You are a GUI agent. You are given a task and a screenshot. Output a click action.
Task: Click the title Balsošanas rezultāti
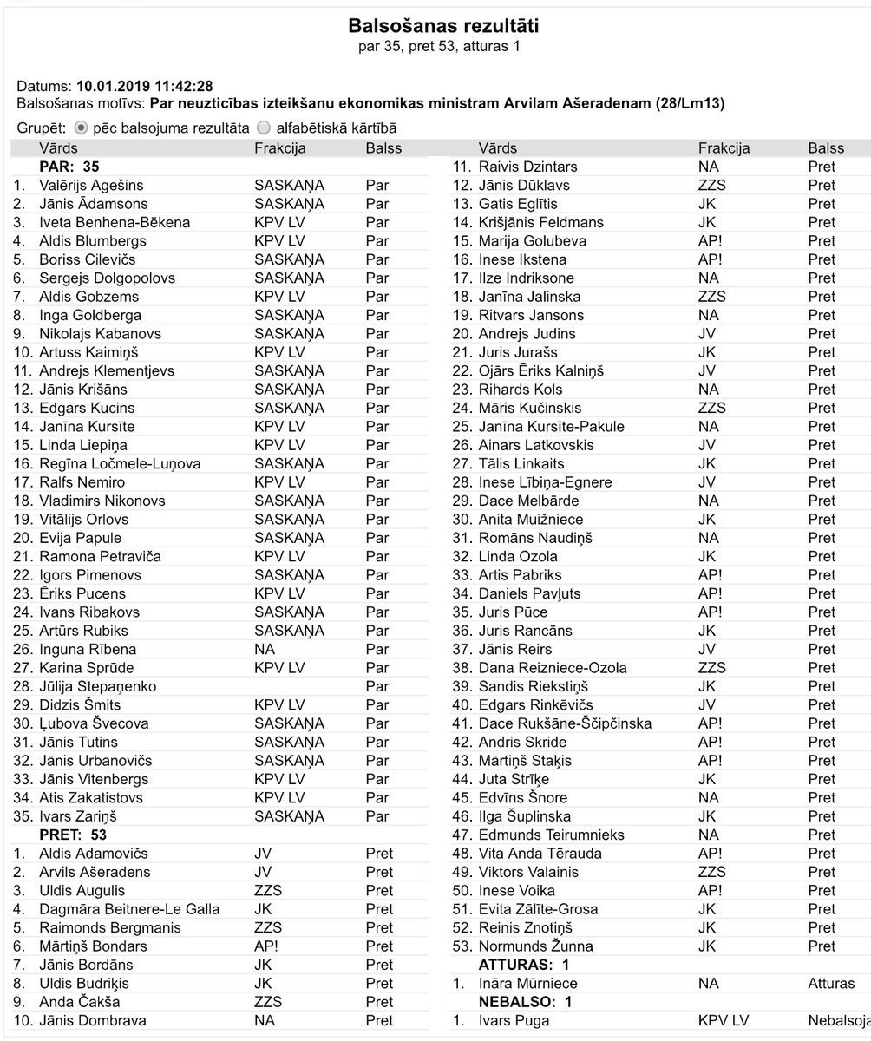pyautogui.click(x=436, y=25)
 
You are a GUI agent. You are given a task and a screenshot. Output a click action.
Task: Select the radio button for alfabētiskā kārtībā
pyautogui.click(x=264, y=128)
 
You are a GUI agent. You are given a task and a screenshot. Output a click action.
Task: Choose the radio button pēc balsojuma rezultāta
pyautogui.click(x=81, y=128)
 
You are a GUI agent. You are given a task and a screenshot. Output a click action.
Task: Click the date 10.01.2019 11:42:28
pyautogui.click(x=145, y=86)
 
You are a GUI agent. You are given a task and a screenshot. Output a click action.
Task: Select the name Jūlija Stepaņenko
pyautogui.click(x=98, y=686)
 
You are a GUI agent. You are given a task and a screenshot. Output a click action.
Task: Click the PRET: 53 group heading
pyautogui.click(x=74, y=835)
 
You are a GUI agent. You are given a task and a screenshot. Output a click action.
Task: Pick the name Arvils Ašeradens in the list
pyautogui.click(x=95, y=872)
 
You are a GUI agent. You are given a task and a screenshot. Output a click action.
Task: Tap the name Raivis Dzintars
pyautogui.click(x=527, y=167)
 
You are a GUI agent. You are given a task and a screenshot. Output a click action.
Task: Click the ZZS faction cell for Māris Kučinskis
pyautogui.click(x=711, y=408)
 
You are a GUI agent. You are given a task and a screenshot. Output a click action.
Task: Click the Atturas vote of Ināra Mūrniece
pyautogui.click(x=830, y=984)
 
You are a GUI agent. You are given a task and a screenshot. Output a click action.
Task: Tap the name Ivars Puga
pyautogui.click(x=514, y=1021)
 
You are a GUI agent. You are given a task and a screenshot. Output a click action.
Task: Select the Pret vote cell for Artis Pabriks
pyautogui.click(x=822, y=575)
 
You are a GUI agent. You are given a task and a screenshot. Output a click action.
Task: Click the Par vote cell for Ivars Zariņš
pyautogui.click(x=377, y=816)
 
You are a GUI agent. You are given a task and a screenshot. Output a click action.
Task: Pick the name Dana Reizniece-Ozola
pyautogui.click(x=553, y=668)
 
